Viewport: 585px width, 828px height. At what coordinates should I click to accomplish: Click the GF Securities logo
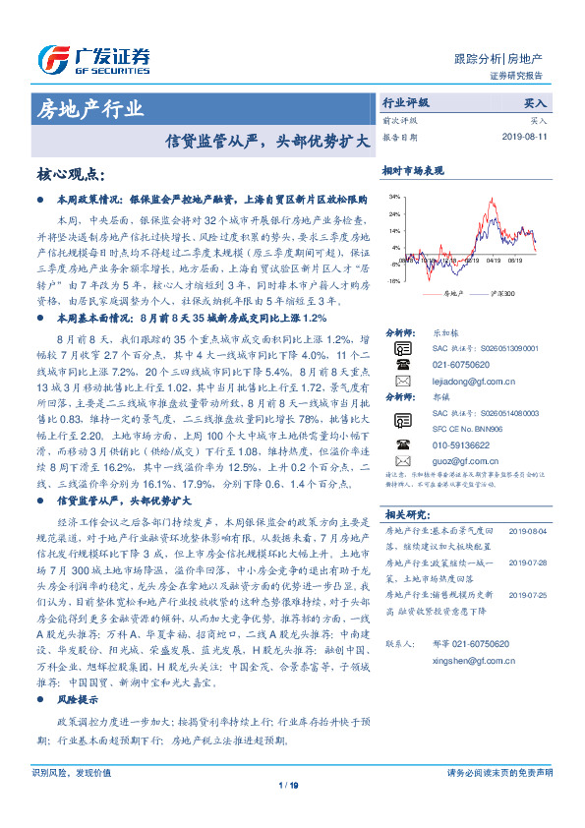pos(93,58)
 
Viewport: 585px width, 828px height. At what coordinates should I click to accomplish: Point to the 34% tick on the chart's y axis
pos(393,197)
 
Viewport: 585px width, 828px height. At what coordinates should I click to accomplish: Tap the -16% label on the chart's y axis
pos(393,280)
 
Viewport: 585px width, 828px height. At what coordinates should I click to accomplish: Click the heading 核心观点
pos(70,174)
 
